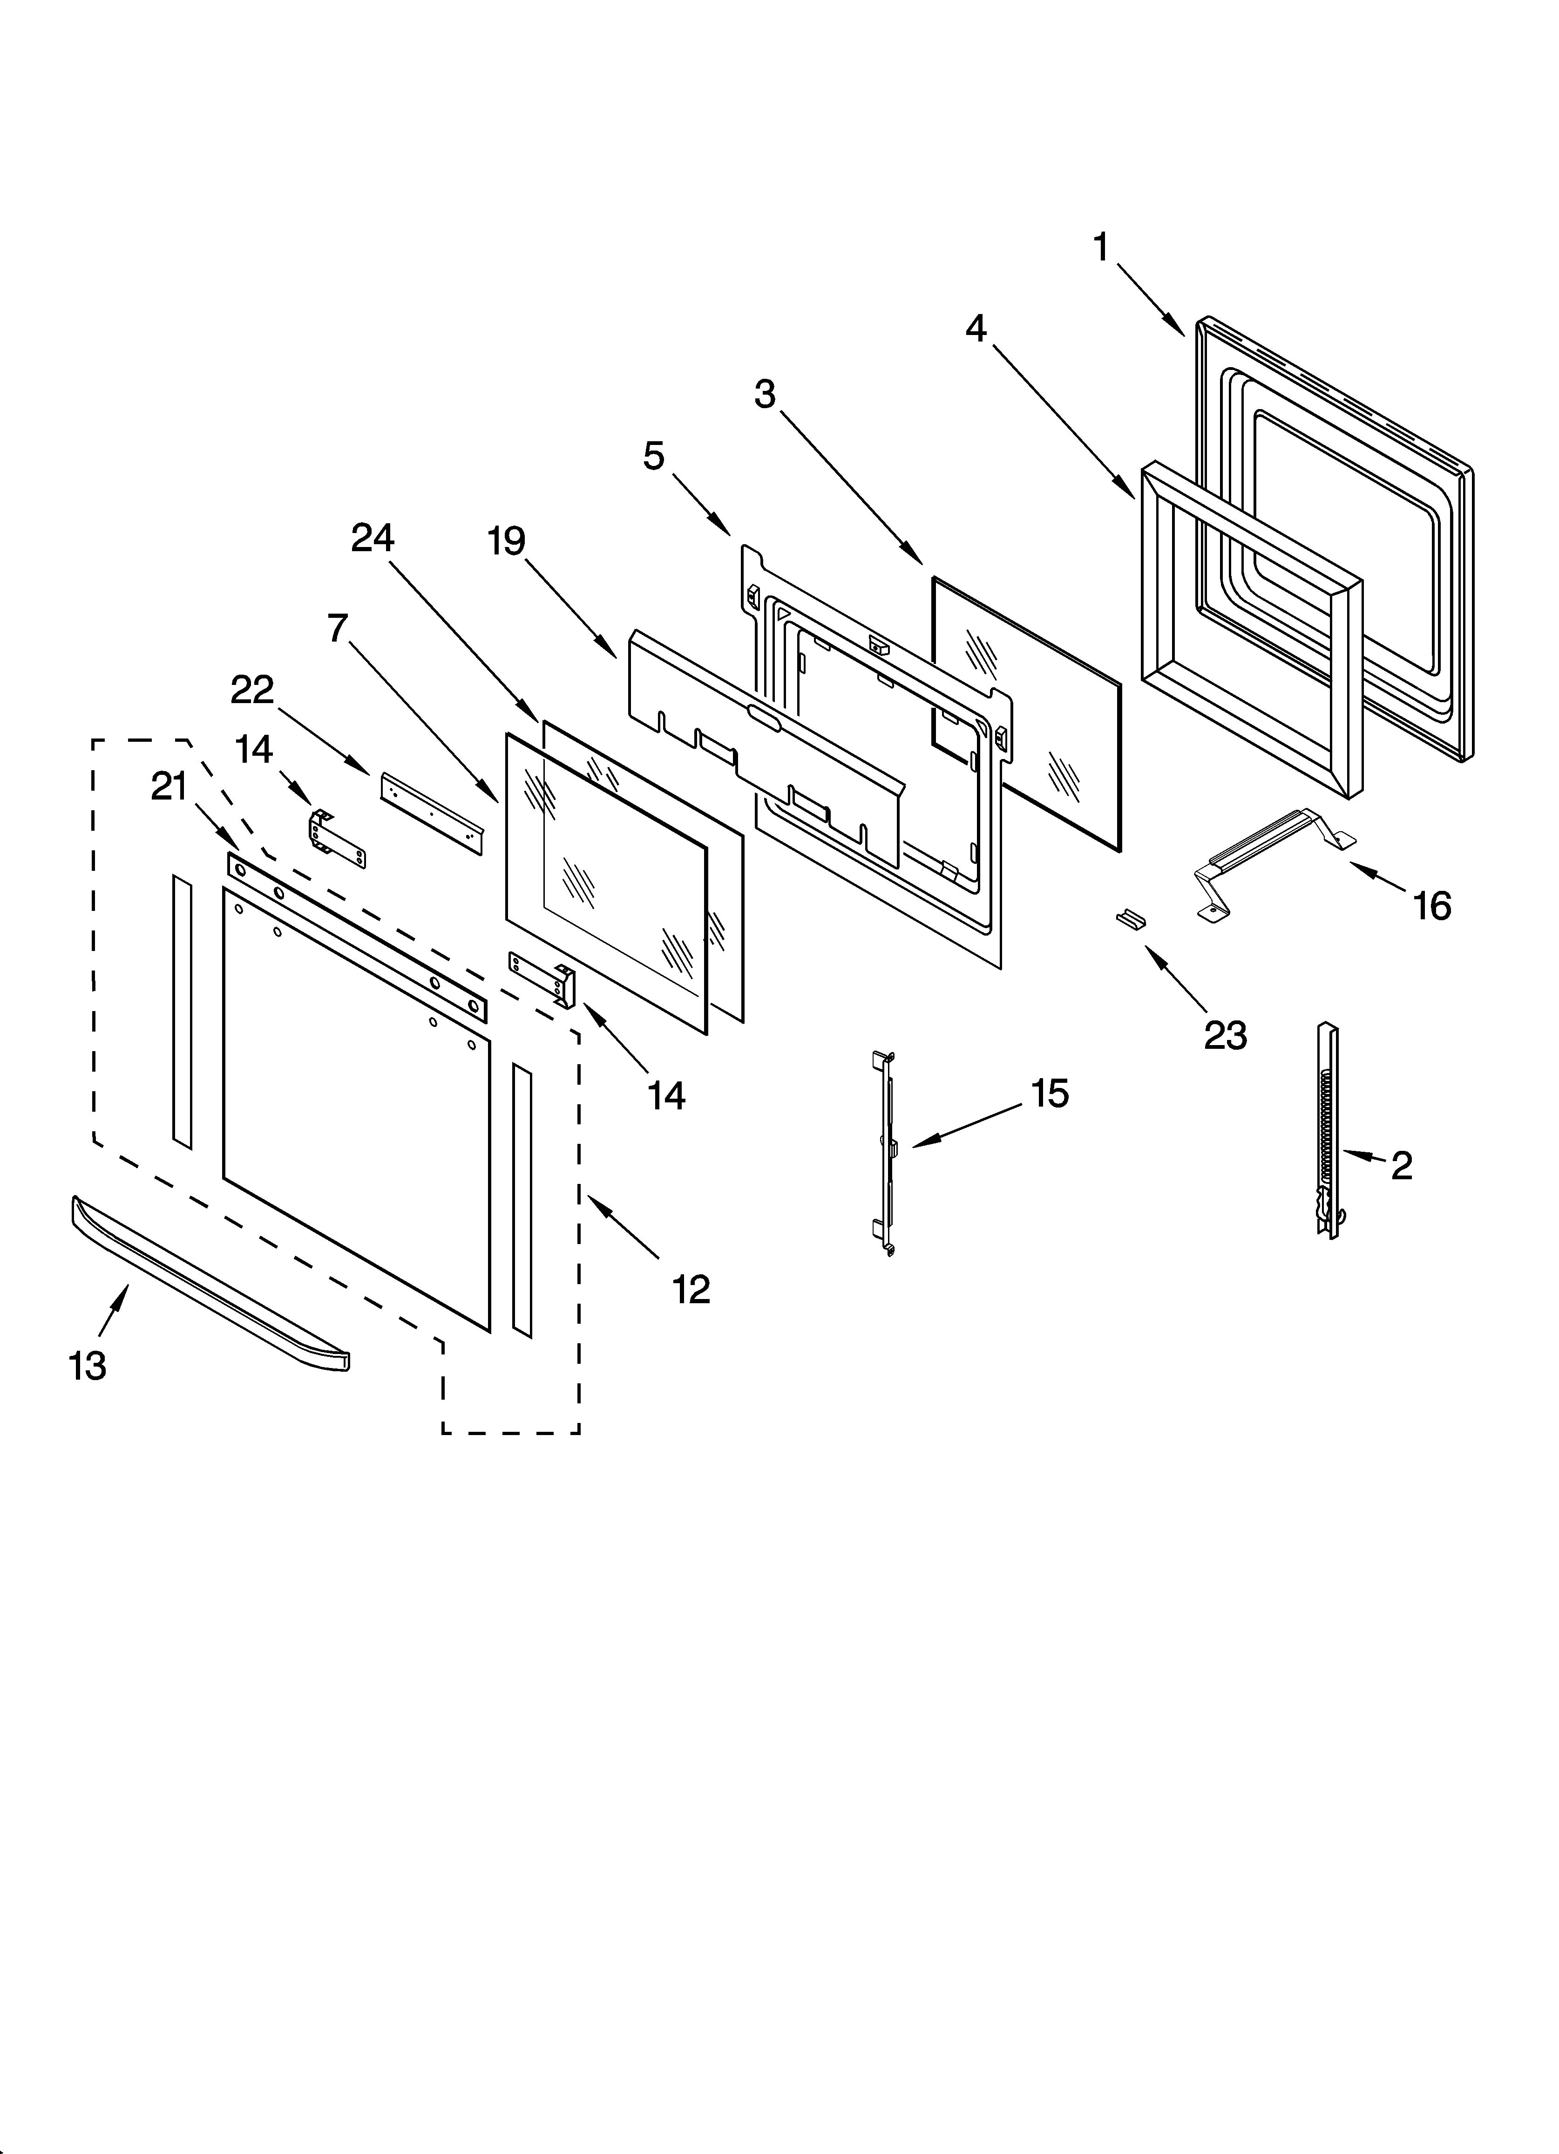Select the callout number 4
[976, 329]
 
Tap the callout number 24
[372, 539]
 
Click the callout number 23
[1225, 1035]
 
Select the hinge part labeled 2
[1327, 1130]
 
